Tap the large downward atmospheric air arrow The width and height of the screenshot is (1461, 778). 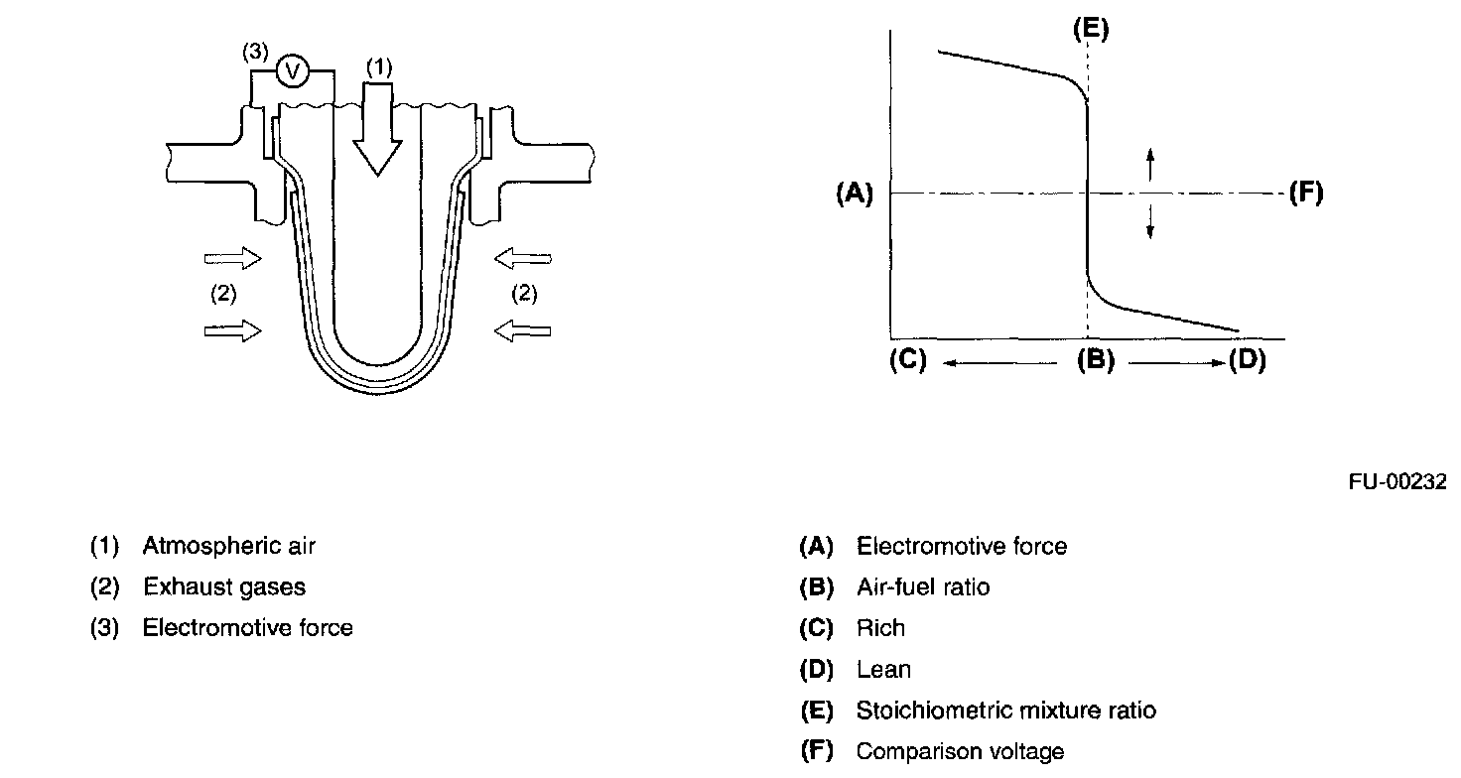point(378,129)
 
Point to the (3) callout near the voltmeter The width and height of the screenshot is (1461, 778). point(256,54)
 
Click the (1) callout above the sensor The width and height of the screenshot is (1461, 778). point(379,66)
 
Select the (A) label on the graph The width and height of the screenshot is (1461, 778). point(854,194)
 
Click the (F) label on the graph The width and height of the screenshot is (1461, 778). point(1306,193)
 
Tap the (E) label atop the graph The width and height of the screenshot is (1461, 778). point(1091,30)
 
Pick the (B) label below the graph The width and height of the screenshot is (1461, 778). point(1096,361)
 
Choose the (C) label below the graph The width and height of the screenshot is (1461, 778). point(907,361)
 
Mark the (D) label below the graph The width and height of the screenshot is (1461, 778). point(1247,361)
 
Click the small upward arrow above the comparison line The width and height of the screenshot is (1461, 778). point(1150,164)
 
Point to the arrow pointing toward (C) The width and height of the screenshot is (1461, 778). point(998,363)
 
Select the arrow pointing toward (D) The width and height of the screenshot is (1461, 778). point(1177,363)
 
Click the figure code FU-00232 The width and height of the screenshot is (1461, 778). point(1397,481)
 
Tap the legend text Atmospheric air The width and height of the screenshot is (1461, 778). point(229,545)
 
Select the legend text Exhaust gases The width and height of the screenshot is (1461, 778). point(224,586)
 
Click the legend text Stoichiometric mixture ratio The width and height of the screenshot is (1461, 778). point(1006,711)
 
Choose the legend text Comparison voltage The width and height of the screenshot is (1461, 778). point(960,751)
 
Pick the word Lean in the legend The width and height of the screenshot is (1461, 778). point(883,670)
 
